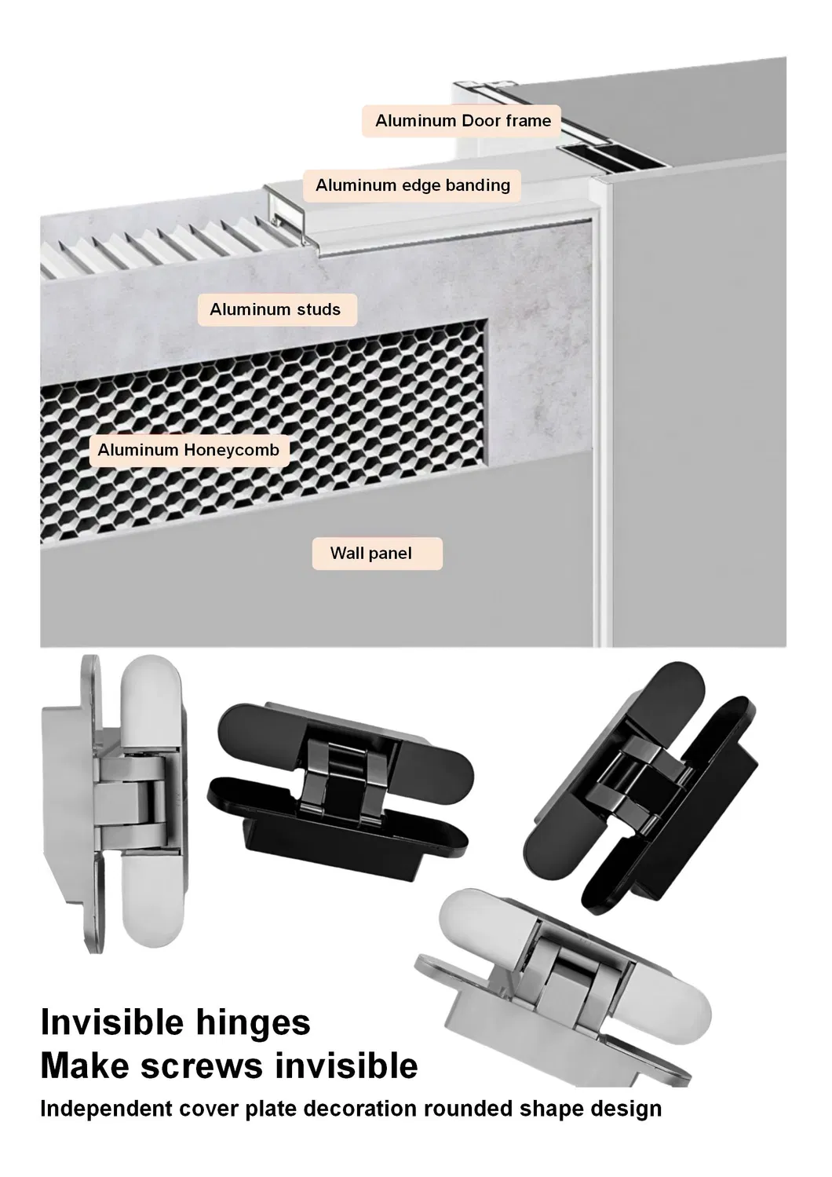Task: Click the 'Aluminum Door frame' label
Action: (462, 121)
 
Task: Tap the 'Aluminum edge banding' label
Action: (412, 185)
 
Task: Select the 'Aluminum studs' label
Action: (275, 309)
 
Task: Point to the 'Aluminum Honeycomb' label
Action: (188, 451)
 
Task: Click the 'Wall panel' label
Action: (370, 554)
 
